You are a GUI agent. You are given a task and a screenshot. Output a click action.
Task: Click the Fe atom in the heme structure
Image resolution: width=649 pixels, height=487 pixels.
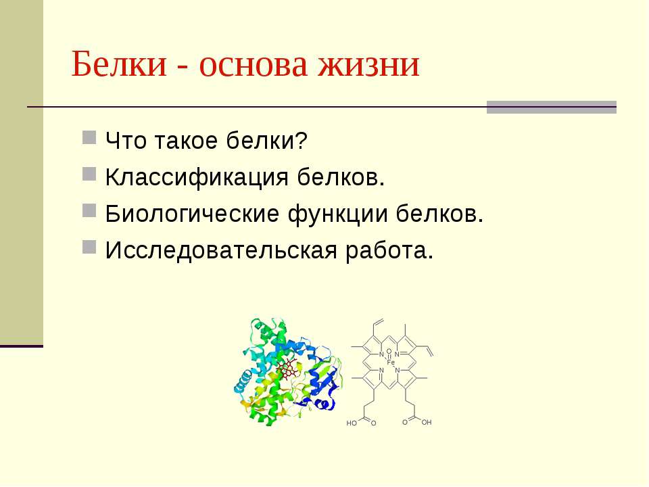[390, 363]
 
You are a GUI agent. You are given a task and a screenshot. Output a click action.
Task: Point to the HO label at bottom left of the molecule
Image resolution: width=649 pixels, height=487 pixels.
[352, 423]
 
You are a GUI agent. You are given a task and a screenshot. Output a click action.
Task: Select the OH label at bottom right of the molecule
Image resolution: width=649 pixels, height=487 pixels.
[426, 422]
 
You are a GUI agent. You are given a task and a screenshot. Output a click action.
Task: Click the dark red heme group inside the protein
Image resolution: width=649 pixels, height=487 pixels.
[290, 369]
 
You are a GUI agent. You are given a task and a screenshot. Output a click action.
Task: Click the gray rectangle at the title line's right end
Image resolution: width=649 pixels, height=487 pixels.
[552, 107]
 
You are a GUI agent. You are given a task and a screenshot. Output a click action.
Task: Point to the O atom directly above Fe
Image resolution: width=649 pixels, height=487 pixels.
[389, 351]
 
